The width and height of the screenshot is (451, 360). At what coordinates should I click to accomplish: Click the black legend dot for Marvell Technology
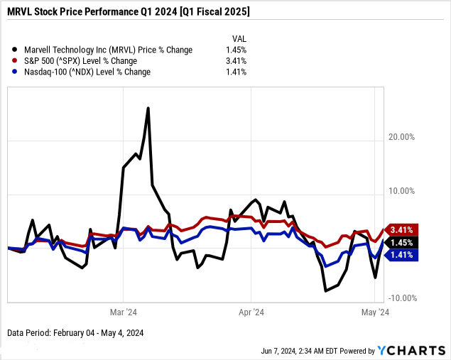point(16,50)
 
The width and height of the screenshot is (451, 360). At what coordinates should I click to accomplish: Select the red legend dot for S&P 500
point(16,61)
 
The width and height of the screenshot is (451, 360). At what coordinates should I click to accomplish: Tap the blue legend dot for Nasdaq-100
point(16,72)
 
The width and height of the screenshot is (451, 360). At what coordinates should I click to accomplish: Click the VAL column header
point(239,38)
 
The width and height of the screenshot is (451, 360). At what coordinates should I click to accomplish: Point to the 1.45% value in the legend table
point(234,50)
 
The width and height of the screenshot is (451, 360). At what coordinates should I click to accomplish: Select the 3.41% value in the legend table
point(234,61)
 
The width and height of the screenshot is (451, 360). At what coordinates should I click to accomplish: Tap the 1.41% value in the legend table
point(234,72)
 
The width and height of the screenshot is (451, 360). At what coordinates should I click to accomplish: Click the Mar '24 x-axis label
point(123,312)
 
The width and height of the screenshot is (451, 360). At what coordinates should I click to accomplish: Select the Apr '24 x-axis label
point(251,312)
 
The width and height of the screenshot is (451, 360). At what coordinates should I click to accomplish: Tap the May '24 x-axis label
point(374,312)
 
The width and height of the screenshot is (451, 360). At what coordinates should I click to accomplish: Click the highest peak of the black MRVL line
point(148,108)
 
